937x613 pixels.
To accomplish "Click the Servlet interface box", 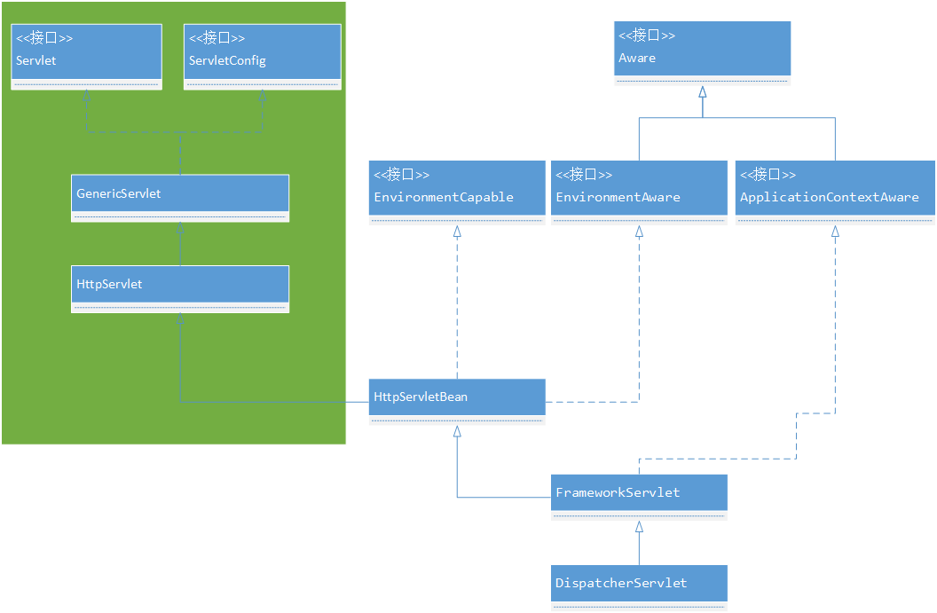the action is click(87, 57).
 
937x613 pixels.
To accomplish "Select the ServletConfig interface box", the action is click(263, 57).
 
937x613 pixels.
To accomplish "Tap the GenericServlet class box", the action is click(180, 199).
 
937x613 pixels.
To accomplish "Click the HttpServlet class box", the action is click(180, 289).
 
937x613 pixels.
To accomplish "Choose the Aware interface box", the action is click(702, 54).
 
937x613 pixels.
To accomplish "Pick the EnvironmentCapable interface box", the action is click(457, 193).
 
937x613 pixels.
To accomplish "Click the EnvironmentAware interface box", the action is click(639, 193).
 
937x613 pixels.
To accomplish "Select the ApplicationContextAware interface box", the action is click(835, 193).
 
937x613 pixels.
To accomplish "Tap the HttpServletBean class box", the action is click(457, 402).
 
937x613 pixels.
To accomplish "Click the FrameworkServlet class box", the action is click(639, 497).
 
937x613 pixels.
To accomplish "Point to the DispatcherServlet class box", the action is click(639, 588).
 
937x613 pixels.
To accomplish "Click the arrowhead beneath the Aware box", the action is click(703, 92).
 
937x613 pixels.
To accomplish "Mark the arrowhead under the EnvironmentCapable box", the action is click(457, 232).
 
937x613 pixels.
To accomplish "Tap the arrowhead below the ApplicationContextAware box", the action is click(836, 232).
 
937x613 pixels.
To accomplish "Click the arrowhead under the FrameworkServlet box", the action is click(640, 526).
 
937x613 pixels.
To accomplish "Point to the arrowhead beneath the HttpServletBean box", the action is click(457, 431).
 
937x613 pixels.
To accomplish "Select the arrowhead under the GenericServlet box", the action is click(180, 228).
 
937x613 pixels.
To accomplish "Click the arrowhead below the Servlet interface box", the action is click(87, 95).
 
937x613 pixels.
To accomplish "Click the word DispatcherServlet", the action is click(621, 583).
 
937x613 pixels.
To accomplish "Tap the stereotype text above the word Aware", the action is click(647, 35).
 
